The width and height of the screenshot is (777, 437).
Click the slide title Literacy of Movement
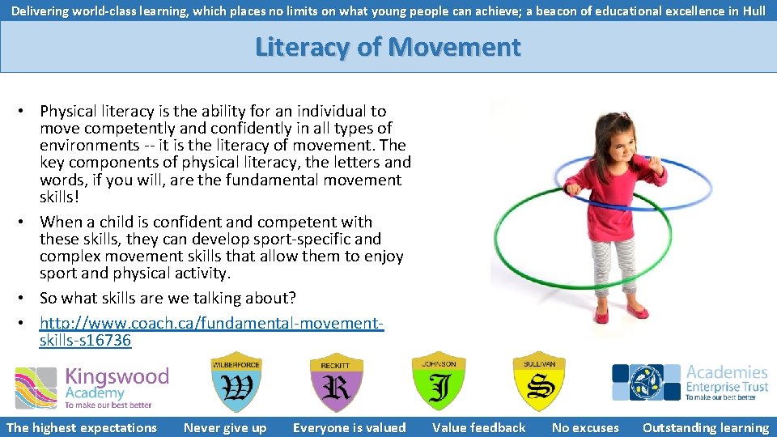click(388, 47)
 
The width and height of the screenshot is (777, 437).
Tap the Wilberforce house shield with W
click(236, 382)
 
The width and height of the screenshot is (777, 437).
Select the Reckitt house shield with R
click(337, 382)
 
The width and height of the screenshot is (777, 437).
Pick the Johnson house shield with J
click(439, 382)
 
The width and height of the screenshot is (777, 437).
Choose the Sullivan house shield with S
click(539, 382)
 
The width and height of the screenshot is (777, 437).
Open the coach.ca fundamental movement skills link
click(211, 324)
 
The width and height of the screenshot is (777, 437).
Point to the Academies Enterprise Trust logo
click(690, 382)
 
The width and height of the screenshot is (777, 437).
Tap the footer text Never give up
click(225, 428)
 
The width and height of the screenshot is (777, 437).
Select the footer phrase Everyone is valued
click(349, 428)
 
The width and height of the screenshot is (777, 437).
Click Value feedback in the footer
click(478, 428)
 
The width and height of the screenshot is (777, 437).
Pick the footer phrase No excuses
click(584, 428)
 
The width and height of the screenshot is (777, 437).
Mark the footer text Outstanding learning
click(705, 428)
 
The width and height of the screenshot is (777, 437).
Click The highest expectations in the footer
click(82, 428)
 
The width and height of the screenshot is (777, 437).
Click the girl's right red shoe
click(601, 313)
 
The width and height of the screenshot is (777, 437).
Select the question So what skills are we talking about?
click(168, 298)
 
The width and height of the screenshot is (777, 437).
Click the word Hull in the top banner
click(754, 11)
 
